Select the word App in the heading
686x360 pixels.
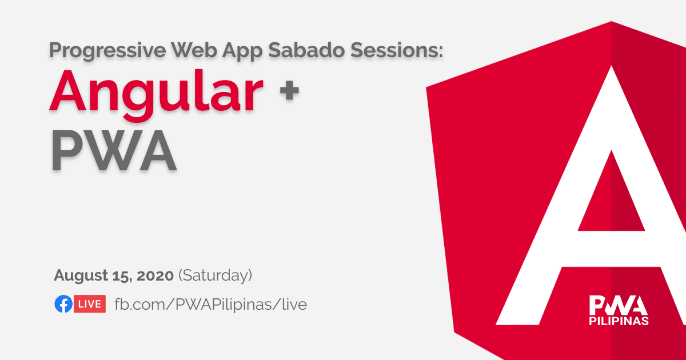242,51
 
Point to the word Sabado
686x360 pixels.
306,50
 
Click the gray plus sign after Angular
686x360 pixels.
289,90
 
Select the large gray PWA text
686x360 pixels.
114,150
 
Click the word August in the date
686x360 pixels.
81,276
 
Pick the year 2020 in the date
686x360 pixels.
155,275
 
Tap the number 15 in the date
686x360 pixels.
122,276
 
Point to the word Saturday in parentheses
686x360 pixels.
216,275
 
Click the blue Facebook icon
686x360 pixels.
63,304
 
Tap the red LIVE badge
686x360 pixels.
90,304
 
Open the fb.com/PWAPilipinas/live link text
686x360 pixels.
211,305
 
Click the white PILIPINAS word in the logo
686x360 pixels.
619,321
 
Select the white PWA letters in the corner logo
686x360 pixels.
619,305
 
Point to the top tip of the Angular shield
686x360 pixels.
612,21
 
